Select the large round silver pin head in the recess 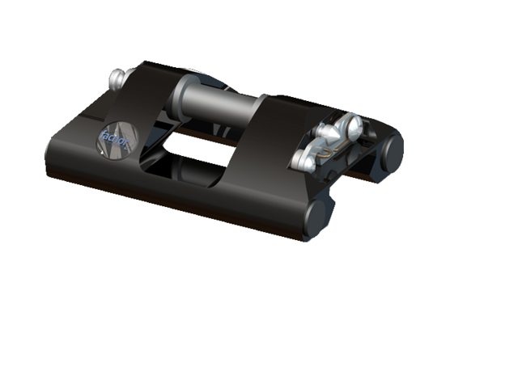(x=351, y=126)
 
